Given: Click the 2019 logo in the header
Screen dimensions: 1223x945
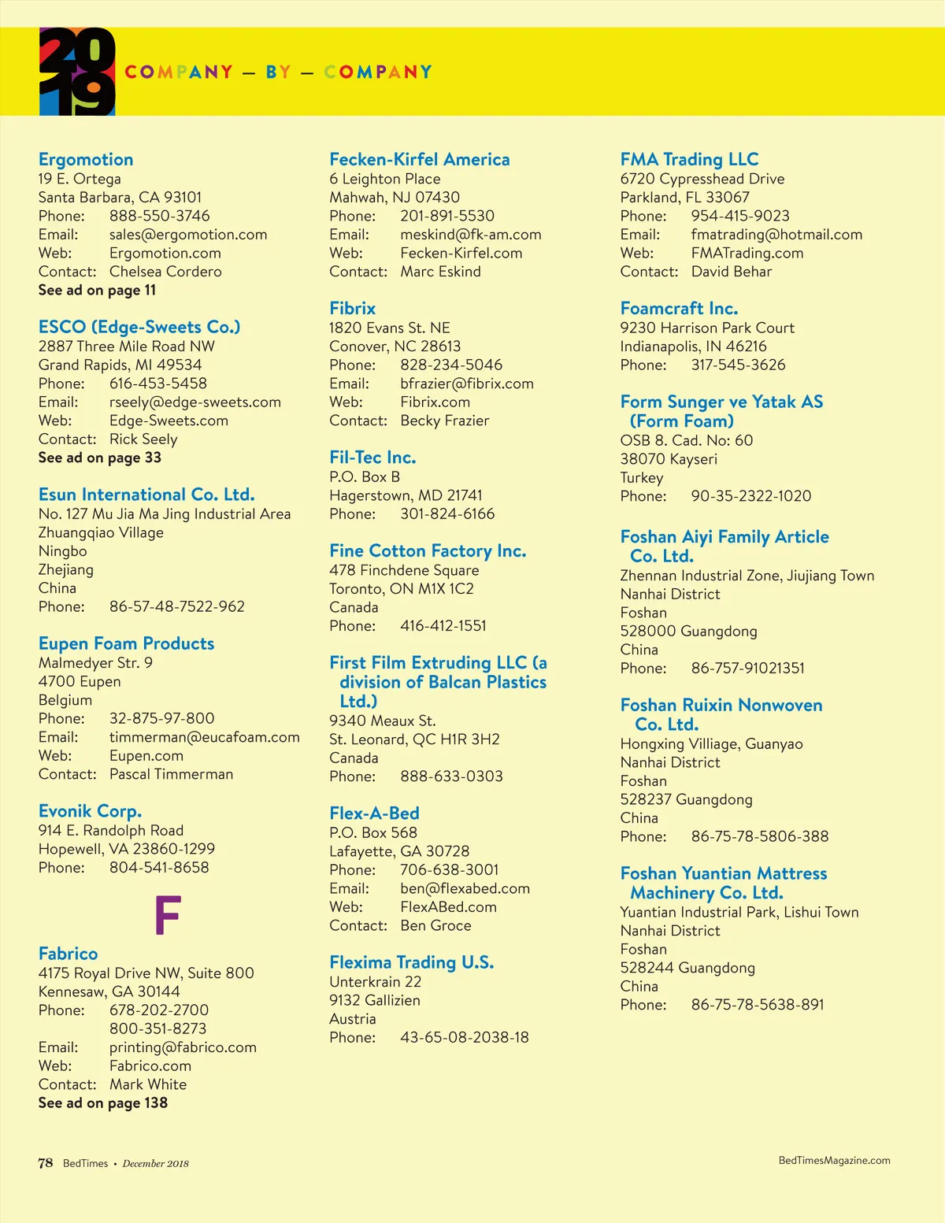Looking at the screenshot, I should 77,72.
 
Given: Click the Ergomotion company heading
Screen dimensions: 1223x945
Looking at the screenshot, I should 86,160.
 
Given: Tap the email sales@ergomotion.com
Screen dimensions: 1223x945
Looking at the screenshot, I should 188,235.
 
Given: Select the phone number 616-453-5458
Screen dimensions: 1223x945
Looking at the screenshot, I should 158,384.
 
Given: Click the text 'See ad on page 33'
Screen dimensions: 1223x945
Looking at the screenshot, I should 100,458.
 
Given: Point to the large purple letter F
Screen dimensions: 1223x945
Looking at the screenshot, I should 168,915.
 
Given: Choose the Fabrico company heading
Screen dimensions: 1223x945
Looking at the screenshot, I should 69,954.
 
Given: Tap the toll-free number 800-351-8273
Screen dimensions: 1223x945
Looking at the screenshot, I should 158,1028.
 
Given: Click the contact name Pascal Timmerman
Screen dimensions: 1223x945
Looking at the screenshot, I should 171,774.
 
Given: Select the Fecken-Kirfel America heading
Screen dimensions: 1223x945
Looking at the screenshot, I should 420,160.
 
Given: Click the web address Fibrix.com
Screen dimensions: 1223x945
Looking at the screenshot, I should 435,402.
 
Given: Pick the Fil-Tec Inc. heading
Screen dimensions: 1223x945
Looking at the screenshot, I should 372,458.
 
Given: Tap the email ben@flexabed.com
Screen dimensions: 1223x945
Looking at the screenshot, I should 465,888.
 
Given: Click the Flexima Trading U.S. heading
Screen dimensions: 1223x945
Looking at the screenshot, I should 411,962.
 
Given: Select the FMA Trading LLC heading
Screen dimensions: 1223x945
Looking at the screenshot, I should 689,160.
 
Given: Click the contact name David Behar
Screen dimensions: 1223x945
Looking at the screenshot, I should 732,272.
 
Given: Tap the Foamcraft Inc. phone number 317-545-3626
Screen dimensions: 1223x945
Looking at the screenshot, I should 738,365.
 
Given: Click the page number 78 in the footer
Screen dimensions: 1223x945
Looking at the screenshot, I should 46,1163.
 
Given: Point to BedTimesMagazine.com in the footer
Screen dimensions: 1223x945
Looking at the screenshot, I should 834,1160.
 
